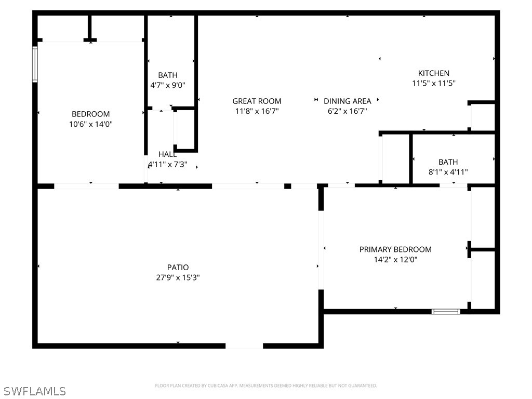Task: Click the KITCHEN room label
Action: point(434,73)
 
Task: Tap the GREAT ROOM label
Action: point(257,101)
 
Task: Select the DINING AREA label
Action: point(347,101)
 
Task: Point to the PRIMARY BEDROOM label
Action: point(395,249)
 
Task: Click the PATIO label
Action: point(178,268)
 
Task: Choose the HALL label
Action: point(167,154)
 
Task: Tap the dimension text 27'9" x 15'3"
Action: point(178,277)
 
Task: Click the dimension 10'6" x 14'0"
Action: point(91,124)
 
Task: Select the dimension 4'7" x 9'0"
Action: point(168,85)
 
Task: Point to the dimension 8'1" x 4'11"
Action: point(448,172)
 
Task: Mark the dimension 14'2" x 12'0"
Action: point(395,259)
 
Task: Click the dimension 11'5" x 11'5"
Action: point(434,83)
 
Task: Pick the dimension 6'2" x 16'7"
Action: point(347,111)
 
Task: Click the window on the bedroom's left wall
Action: point(35,64)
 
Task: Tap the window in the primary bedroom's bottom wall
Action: point(446,312)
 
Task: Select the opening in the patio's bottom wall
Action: point(244,345)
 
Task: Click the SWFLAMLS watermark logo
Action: point(34,391)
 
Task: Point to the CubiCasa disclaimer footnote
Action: point(266,385)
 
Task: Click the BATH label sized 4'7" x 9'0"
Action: point(168,75)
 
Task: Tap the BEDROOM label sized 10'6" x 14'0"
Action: point(91,114)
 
